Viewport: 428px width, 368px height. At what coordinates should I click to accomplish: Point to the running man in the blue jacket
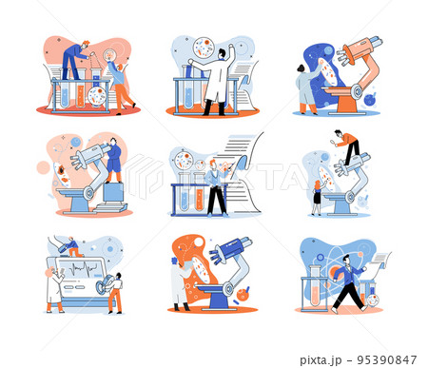tap(347, 282)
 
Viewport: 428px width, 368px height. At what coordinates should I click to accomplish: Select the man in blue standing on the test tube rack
tap(73, 59)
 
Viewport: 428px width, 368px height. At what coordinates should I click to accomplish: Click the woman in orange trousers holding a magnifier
tap(119, 84)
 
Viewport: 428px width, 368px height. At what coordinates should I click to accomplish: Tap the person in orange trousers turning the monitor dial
tap(115, 289)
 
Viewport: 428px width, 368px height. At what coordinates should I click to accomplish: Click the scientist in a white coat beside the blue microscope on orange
tap(181, 283)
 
